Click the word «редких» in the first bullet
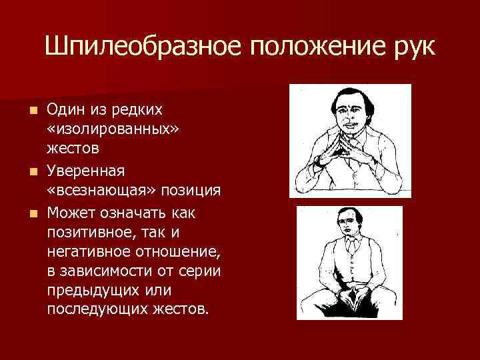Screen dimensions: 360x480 140,108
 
